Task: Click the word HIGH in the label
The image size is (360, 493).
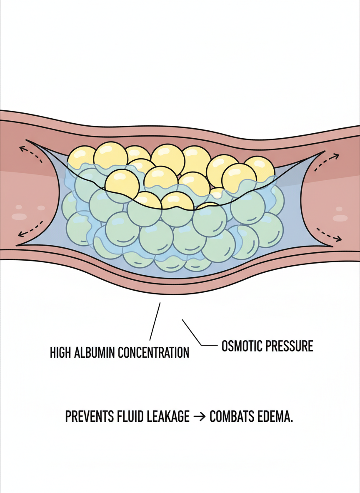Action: click(x=61, y=352)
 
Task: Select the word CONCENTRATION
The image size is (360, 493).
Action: click(x=154, y=352)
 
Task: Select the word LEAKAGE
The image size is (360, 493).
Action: click(x=169, y=417)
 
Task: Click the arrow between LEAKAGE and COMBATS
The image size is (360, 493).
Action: click(x=200, y=417)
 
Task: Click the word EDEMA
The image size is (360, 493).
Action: click(x=275, y=417)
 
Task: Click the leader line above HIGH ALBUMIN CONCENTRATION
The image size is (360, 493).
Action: click(x=155, y=321)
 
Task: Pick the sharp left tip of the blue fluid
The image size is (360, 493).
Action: click(x=17, y=245)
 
